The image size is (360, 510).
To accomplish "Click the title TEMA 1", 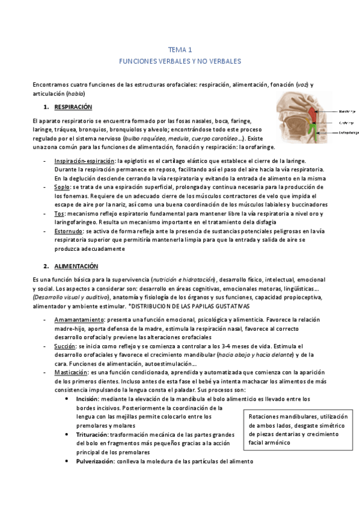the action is (x=180, y=50).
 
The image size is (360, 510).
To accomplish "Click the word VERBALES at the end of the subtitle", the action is (x=224, y=61).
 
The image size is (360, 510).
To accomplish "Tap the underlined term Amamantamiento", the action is (x=78, y=319).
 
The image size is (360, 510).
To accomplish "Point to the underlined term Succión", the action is (x=65, y=346).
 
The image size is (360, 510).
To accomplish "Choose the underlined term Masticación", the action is (x=71, y=373).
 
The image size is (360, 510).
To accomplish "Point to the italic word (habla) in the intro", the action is (x=76, y=94).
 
